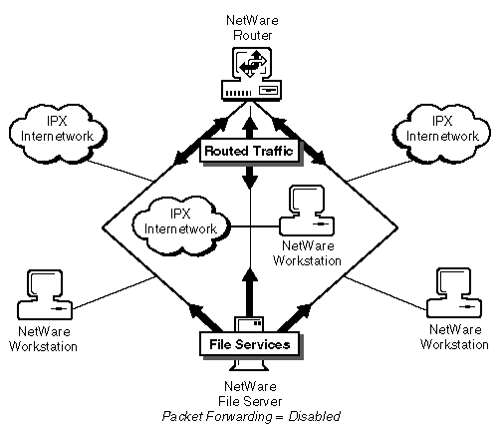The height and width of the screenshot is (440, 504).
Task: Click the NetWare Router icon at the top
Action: pos(251,74)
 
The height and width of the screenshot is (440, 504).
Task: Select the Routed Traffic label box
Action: pos(250,152)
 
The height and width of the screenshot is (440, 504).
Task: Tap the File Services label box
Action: pos(250,344)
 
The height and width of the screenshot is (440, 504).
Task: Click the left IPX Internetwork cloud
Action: pos(58,134)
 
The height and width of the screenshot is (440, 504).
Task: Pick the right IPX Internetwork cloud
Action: pos(441,134)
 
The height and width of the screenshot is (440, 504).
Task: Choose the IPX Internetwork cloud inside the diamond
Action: pos(181,226)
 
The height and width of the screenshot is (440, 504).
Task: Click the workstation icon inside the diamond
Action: pos(307,211)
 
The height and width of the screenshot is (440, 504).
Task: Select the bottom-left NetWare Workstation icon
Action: pos(45,294)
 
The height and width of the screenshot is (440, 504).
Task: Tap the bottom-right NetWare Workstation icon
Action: pos(454,292)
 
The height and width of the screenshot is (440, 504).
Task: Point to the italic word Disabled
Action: pos(314,416)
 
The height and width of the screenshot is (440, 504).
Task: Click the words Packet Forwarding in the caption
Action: pos(216,416)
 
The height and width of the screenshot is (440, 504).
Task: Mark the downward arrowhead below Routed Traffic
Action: pos(250,182)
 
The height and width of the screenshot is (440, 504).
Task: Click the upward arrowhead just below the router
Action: pos(250,124)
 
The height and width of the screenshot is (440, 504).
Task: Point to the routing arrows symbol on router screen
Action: pos(253,63)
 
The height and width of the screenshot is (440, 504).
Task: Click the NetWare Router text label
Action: pos(252,28)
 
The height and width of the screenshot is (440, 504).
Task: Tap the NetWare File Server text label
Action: pos(250,394)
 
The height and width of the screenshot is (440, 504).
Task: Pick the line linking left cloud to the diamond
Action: pos(122,172)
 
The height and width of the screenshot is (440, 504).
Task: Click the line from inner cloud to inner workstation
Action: pos(255,226)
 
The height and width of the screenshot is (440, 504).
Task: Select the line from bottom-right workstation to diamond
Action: pos(386,292)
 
